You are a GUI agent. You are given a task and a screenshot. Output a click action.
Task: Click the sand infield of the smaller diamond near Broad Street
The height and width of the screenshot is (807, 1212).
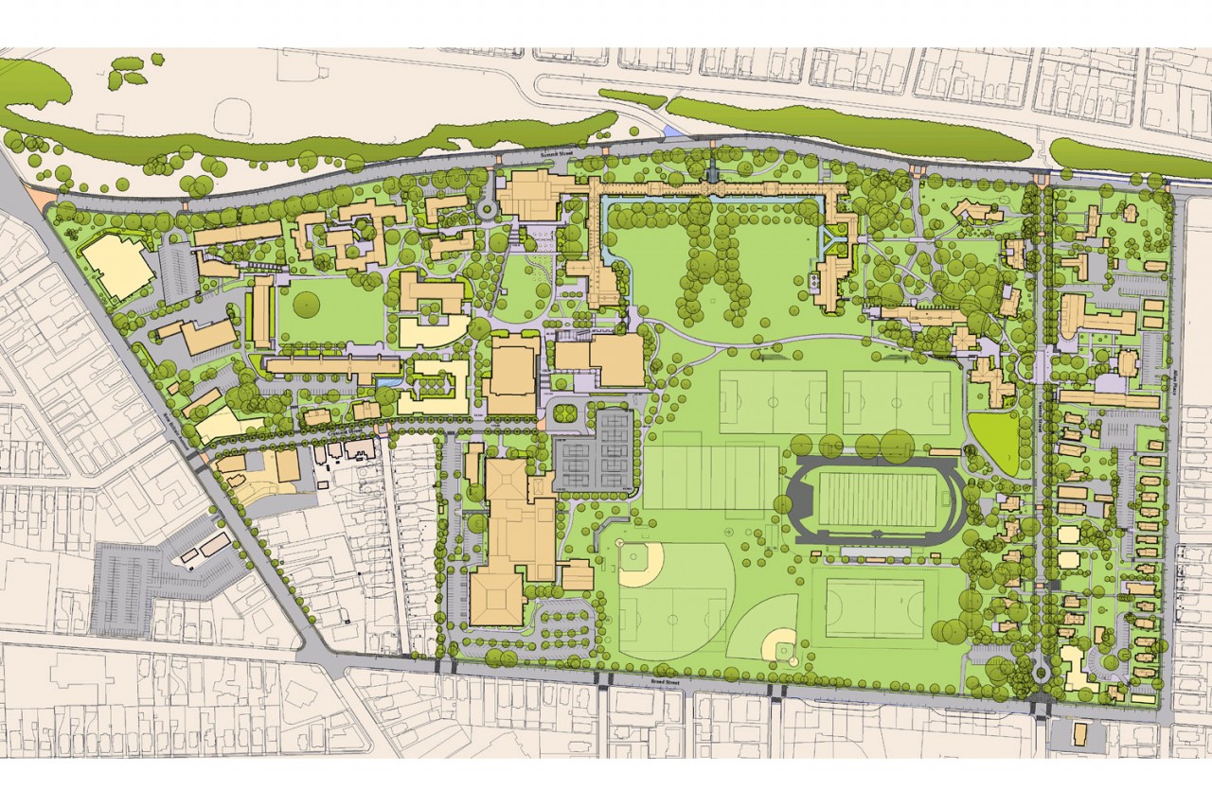[781, 645]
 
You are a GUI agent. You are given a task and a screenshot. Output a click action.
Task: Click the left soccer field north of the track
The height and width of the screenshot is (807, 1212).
[773, 401]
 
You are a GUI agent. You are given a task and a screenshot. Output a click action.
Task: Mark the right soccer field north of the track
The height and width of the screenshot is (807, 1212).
[896, 401]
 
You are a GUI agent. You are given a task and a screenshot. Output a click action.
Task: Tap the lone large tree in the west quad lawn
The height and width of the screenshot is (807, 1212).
[307, 304]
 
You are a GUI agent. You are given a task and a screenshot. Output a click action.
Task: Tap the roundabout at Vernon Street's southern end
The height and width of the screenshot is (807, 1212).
[1042, 674]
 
